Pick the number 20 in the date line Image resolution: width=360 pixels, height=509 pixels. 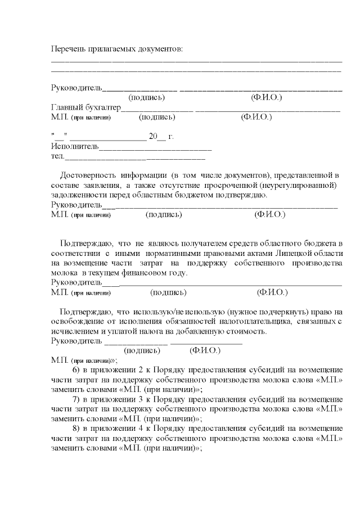(152, 137)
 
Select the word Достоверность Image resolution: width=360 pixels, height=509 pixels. (89, 176)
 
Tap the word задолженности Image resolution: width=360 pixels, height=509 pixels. (76, 195)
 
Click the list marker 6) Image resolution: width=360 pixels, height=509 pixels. (78, 370)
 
